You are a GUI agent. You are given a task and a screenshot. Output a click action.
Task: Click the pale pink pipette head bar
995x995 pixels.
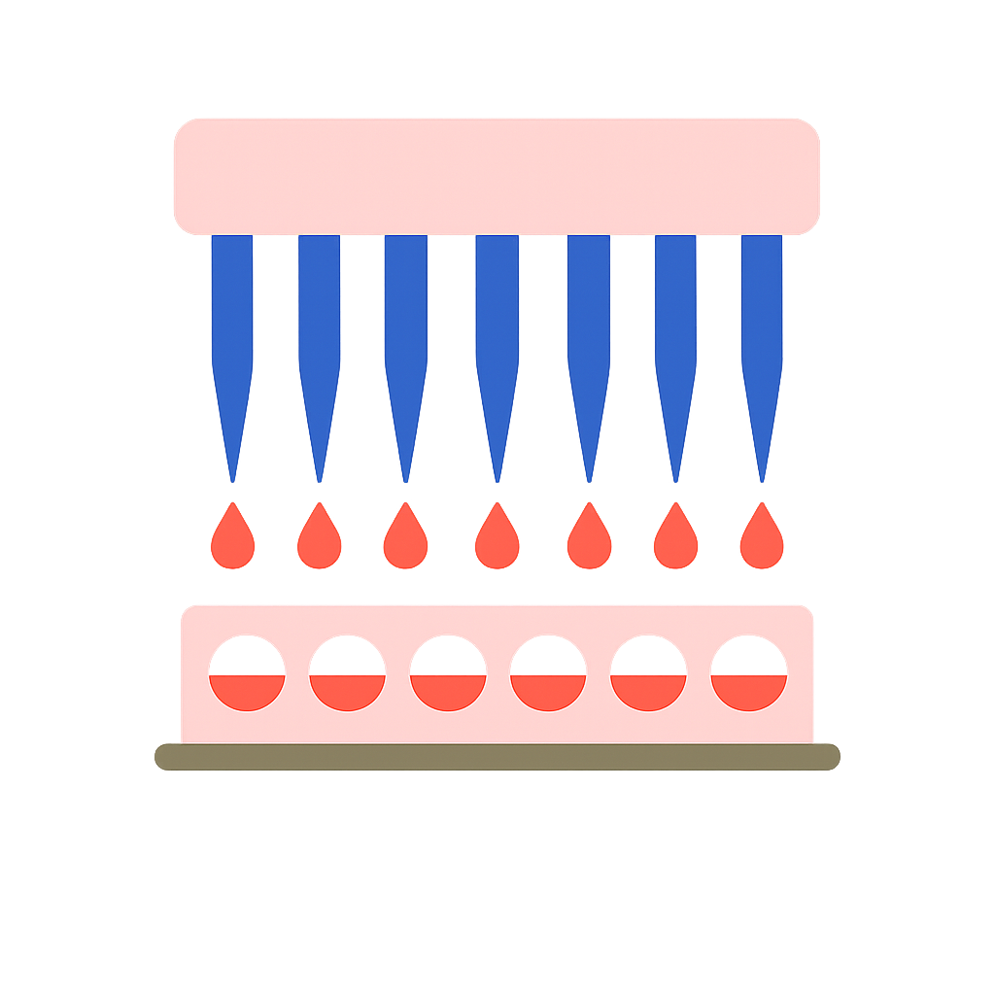click(x=497, y=176)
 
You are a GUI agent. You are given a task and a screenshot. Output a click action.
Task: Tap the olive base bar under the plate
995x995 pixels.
click(x=497, y=757)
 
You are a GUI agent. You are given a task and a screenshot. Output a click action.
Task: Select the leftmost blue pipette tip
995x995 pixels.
click(x=232, y=330)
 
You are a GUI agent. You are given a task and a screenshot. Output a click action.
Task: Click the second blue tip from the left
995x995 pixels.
click(x=319, y=330)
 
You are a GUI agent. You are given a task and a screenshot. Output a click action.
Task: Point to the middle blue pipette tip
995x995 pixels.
click(x=497, y=330)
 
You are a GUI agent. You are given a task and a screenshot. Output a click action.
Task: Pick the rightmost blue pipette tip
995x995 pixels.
click(x=762, y=330)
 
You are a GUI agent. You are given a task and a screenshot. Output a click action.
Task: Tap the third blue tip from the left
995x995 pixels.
click(x=405, y=330)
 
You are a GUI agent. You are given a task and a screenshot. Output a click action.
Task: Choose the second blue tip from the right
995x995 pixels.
click(x=675, y=330)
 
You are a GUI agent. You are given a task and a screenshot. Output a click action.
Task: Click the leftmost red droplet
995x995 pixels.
click(x=232, y=540)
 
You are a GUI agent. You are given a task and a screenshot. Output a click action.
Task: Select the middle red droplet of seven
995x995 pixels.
click(x=497, y=540)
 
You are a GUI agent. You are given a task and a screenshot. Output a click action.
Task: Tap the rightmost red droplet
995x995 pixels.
click(x=762, y=540)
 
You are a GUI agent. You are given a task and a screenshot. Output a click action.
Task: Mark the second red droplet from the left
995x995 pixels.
click(x=319, y=540)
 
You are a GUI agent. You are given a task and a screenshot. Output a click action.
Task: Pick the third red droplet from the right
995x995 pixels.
click(x=589, y=540)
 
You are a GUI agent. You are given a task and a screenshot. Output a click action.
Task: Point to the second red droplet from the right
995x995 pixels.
click(x=675, y=540)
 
